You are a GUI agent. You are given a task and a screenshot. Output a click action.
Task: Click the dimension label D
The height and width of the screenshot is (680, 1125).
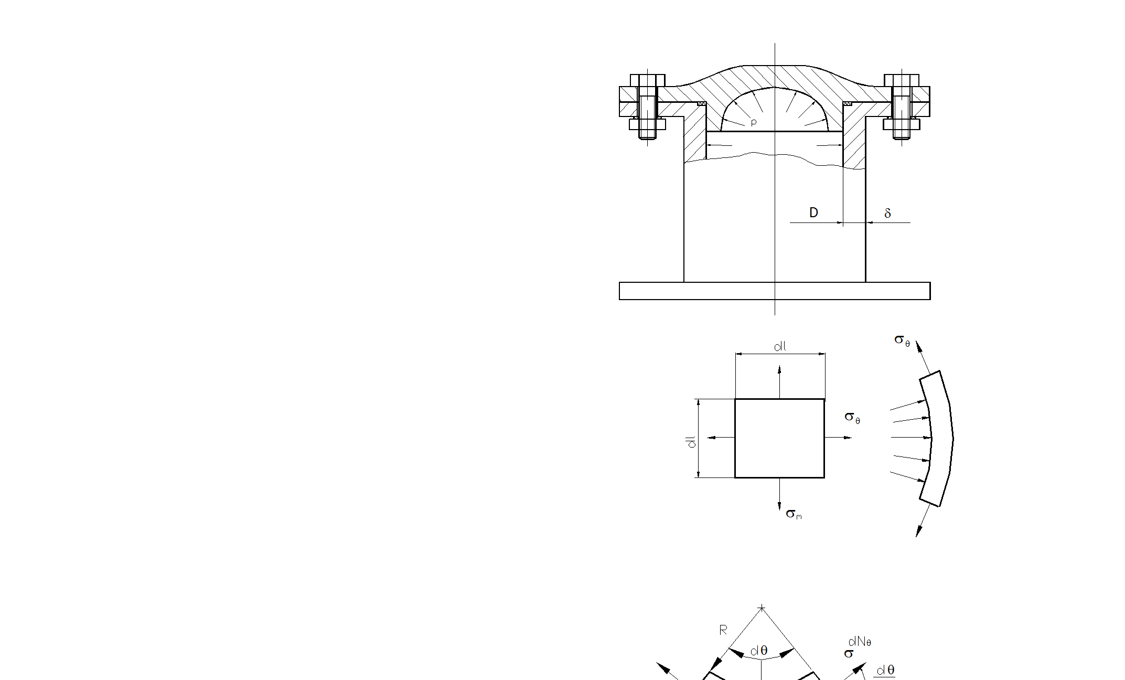tap(813, 212)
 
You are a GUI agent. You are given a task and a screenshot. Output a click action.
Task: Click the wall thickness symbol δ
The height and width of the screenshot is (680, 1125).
tap(887, 213)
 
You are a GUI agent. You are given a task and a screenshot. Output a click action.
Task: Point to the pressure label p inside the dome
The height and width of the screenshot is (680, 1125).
tap(754, 123)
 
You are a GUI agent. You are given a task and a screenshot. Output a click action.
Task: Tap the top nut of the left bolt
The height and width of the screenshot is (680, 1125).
tap(648, 80)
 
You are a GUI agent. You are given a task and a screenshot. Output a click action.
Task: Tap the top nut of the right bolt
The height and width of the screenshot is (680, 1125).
tap(902, 80)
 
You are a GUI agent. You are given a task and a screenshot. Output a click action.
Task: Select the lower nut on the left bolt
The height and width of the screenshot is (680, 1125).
tap(648, 124)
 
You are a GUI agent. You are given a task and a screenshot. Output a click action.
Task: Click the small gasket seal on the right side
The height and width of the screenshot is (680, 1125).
tap(847, 104)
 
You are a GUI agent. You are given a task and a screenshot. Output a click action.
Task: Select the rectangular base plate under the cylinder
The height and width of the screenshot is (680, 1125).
tap(775, 291)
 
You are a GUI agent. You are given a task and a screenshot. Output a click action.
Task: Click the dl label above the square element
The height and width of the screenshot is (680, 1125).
tap(780, 346)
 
